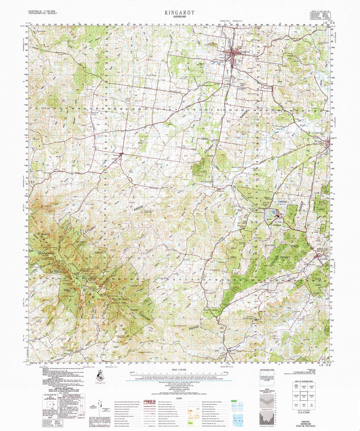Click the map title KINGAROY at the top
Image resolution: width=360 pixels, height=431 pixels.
(x=179, y=13)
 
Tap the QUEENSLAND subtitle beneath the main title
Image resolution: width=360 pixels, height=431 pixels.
(x=179, y=18)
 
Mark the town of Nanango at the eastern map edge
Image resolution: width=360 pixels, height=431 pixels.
(x=328, y=144)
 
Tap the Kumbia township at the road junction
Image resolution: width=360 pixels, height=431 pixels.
(x=121, y=154)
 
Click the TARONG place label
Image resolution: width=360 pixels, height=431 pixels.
(x=282, y=202)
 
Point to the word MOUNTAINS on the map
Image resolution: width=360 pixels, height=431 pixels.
(x=44, y=253)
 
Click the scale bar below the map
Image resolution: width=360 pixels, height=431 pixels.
(x=180, y=374)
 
